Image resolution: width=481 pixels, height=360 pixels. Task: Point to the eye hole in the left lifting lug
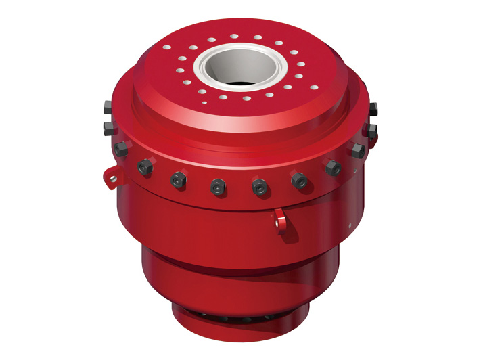coord(113,179)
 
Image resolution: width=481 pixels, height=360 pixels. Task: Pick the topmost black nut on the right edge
coord(372,108)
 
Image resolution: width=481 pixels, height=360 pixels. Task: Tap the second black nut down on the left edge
coord(109,127)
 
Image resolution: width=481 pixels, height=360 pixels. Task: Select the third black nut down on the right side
coord(358,150)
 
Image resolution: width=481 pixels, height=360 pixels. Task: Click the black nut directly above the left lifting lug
coord(120,150)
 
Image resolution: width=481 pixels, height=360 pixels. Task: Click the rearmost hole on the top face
coord(234,36)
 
